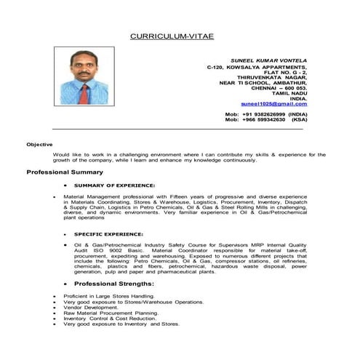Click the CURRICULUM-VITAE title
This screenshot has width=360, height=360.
[172, 35]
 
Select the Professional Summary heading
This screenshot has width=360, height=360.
[65, 172]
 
